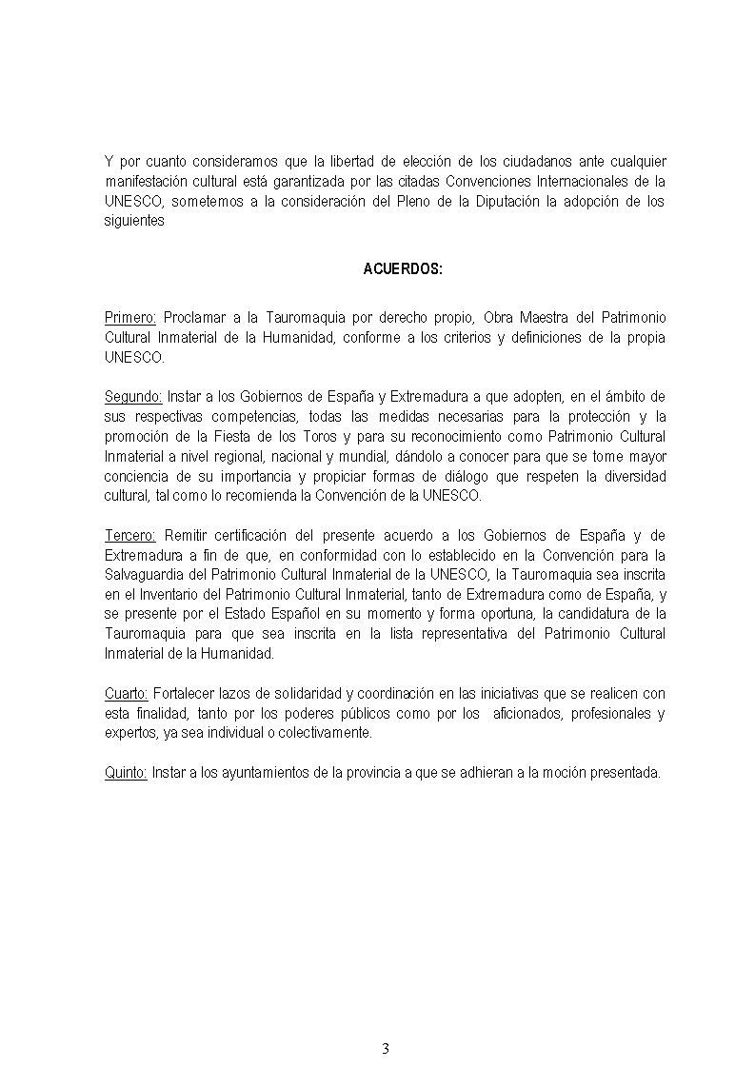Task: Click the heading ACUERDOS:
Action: click(403, 269)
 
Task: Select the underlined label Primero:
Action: click(131, 317)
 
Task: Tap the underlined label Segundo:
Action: click(133, 395)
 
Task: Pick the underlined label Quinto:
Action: click(126, 772)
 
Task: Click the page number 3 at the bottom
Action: click(386, 1049)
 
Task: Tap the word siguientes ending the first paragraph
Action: click(134, 221)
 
